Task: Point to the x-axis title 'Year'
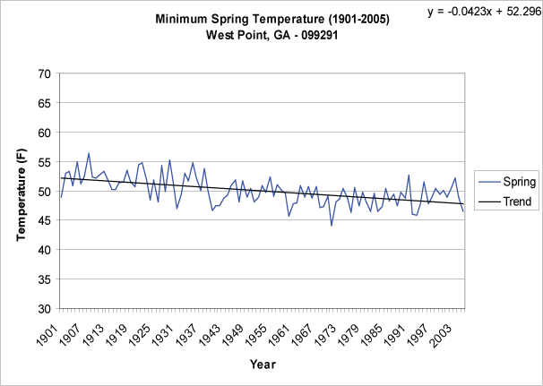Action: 263,365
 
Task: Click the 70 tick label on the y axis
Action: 43,73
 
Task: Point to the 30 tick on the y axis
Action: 43,309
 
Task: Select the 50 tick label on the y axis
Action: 43,192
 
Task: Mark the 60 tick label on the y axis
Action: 43,133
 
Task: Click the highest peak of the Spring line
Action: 89,153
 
